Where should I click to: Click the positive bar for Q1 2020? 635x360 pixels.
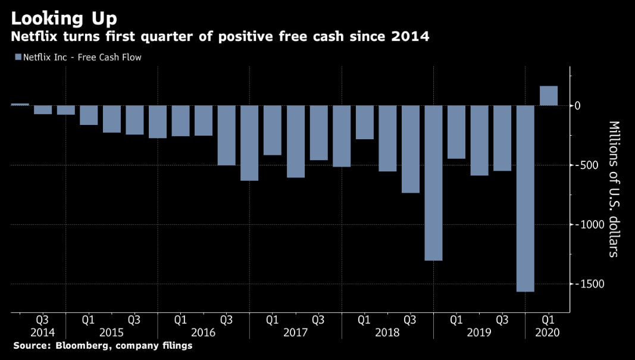click(x=548, y=96)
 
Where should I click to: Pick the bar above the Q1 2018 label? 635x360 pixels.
click(x=364, y=122)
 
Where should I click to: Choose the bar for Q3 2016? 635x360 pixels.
click(x=226, y=135)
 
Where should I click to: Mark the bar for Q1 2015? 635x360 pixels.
click(x=88, y=115)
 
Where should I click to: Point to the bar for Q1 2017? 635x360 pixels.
click(x=272, y=130)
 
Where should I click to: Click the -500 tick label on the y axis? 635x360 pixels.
click(x=586, y=165)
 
